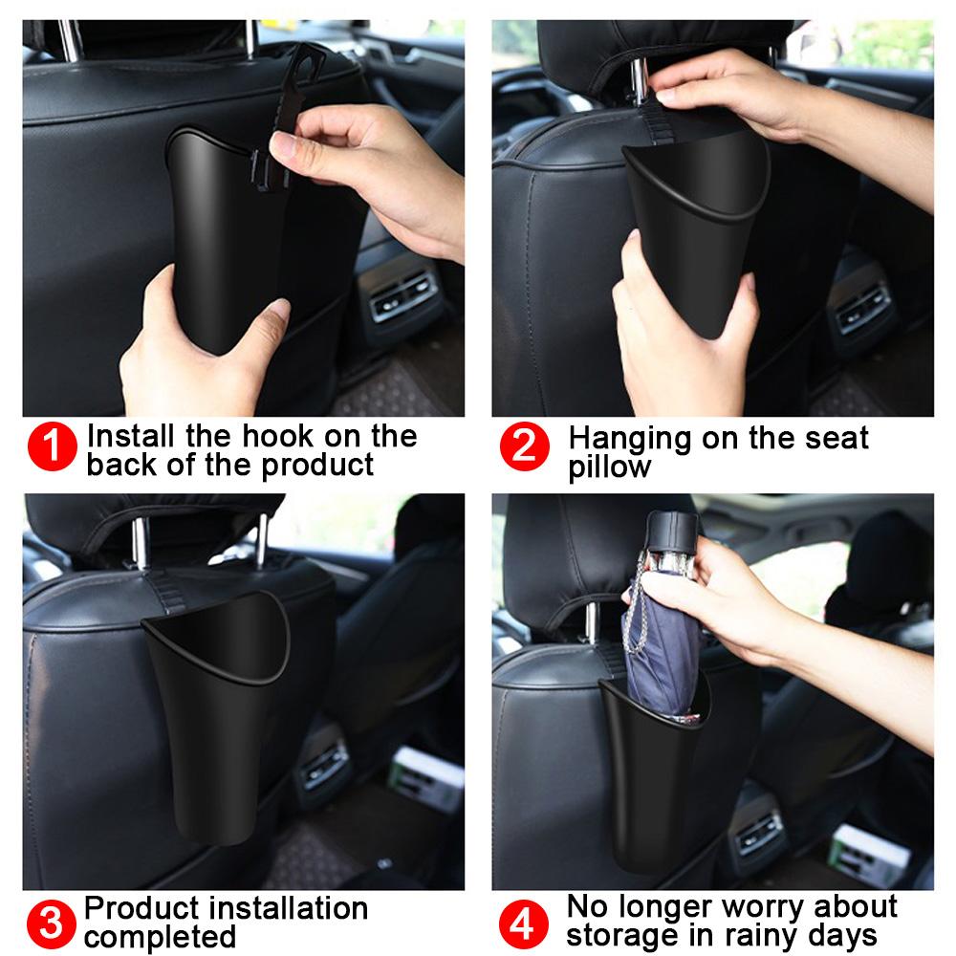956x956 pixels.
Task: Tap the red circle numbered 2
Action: pos(525,448)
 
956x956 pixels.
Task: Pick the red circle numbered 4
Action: pos(525,923)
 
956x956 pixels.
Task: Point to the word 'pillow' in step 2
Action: pos(609,467)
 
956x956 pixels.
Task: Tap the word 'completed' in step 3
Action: pos(160,936)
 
